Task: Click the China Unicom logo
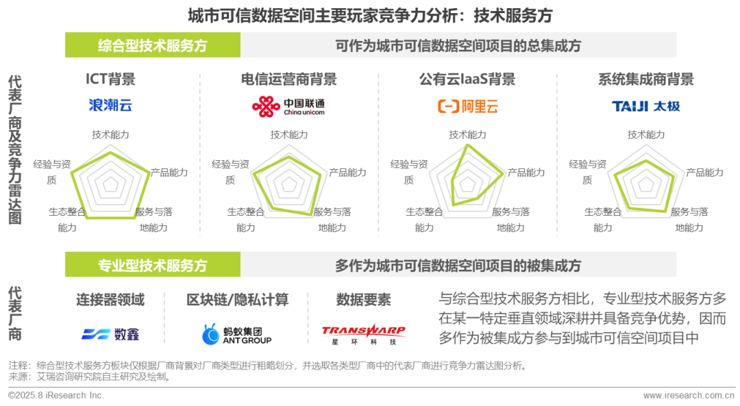point(288,105)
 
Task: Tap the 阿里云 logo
point(468,106)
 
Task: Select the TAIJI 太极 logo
point(645,106)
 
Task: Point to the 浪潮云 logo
point(110,105)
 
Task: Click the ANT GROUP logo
point(236,333)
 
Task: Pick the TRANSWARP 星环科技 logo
point(363,333)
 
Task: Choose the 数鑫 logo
point(110,334)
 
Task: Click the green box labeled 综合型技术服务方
point(152,46)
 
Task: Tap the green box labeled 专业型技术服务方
point(152,265)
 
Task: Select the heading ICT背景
point(110,79)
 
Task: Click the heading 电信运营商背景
point(288,79)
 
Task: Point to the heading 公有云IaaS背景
point(467,79)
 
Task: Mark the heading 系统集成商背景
point(645,79)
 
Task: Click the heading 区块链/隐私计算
point(237,300)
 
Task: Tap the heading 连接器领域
point(110,300)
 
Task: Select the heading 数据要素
point(363,300)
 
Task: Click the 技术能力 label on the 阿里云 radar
point(467,135)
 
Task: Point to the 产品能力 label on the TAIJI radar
point(704,173)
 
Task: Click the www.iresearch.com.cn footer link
point(689,396)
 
